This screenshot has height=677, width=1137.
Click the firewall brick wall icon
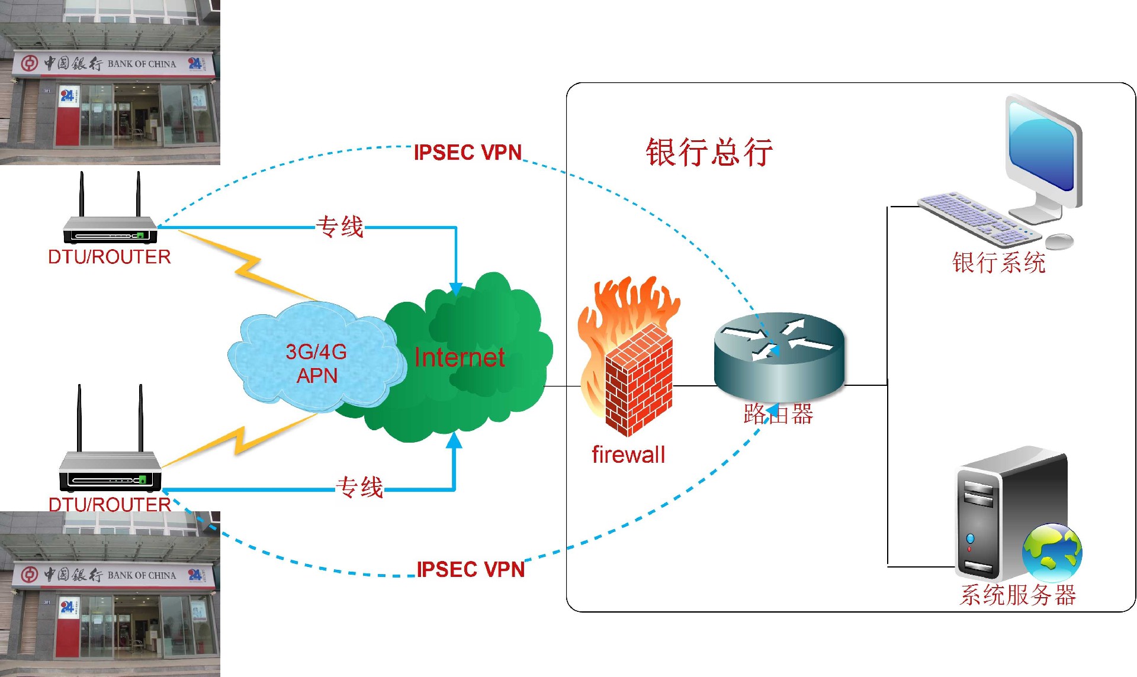(x=638, y=379)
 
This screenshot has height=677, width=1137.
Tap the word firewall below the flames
(x=628, y=455)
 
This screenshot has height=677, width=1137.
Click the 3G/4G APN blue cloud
(x=316, y=362)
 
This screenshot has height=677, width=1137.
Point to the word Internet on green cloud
(x=460, y=357)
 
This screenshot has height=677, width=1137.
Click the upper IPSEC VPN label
(x=468, y=153)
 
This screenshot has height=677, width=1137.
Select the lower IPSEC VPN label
(x=471, y=569)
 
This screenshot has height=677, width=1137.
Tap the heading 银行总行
(x=709, y=152)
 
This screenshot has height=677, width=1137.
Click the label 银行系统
(x=999, y=263)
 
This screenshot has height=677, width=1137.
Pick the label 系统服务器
(x=1017, y=595)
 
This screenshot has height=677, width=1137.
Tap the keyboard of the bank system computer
(x=977, y=219)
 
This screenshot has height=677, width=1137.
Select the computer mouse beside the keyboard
(x=1059, y=241)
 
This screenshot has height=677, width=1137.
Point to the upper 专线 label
(x=340, y=227)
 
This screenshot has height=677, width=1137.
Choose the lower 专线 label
(x=359, y=488)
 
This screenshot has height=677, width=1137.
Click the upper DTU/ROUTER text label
(x=110, y=257)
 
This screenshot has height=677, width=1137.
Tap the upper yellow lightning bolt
(x=249, y=266)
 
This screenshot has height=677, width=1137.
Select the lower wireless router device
(x=110, y=468)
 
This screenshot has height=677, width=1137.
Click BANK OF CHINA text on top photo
(x=142, y=64)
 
